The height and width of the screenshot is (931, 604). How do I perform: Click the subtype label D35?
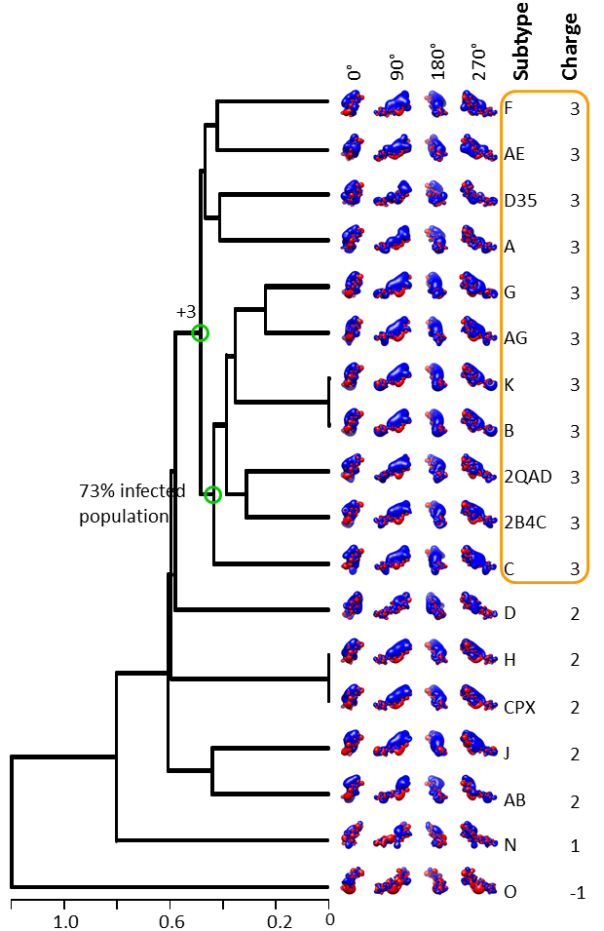[x=520, y=201]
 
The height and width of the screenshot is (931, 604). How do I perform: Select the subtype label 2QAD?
[x=528, y=477]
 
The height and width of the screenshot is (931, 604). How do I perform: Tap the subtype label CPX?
[x=520, y=707]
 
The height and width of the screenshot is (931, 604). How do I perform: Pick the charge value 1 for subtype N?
[x=575, y=845]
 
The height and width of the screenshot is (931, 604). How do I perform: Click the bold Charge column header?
[x=570, y=47]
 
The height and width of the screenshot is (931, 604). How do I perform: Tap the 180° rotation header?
[x=437, y=61]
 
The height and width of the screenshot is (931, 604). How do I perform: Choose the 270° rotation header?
[x=478, y=61]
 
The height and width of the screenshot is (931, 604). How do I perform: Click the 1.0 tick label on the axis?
[x=65, y=921]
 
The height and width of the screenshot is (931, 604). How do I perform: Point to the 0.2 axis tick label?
[x=280, y=921]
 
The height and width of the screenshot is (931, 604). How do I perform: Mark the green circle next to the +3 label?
[x=201, y=333]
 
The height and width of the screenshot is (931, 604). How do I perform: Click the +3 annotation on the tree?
[x=186, y=312]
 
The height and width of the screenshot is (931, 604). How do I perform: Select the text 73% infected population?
[x=132, y=503]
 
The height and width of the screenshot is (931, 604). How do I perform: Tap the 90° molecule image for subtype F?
[x=393, y=104]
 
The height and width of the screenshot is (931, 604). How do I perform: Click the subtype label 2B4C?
[x=525, y=524]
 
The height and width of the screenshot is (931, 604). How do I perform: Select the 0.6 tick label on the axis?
[x=171, y=921]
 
